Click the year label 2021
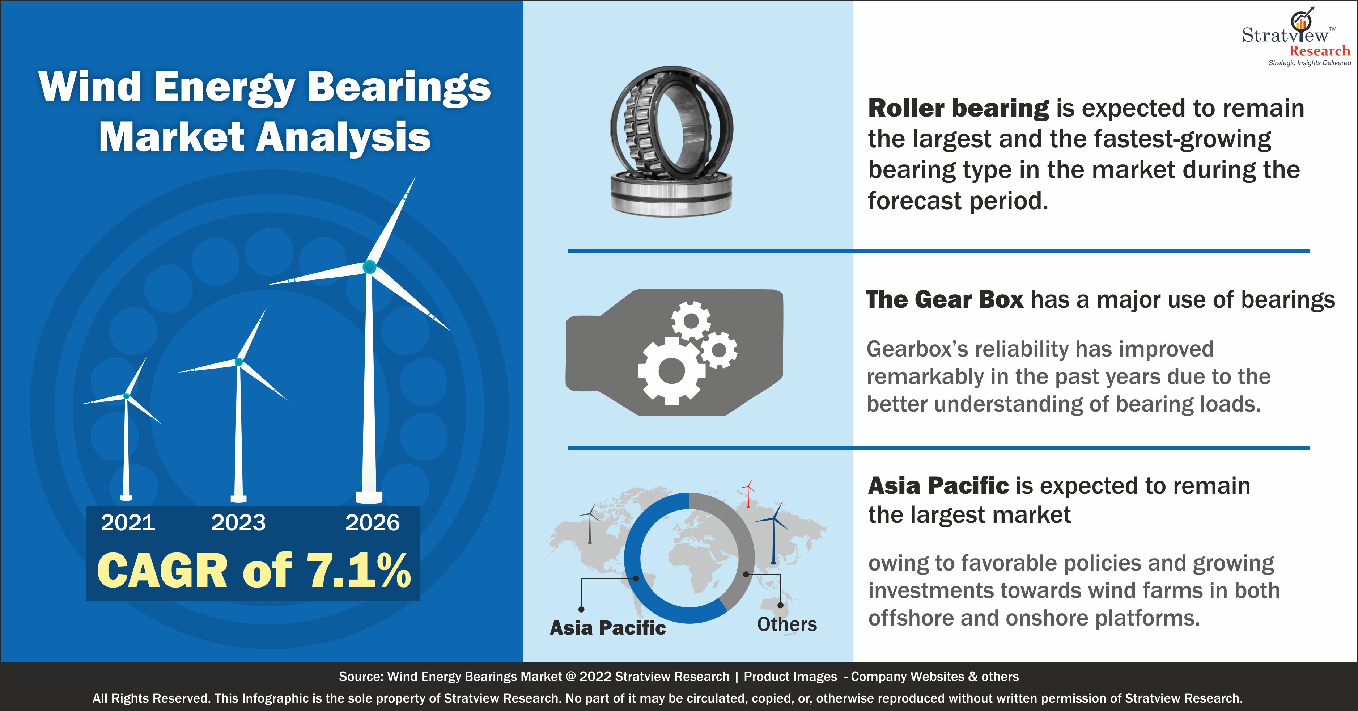128,523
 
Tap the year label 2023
238,523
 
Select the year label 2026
373,523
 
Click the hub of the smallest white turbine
127,396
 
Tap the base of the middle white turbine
239,498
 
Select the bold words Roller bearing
958,108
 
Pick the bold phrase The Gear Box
945,300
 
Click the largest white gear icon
671,371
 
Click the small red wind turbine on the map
747,493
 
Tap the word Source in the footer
360,677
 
